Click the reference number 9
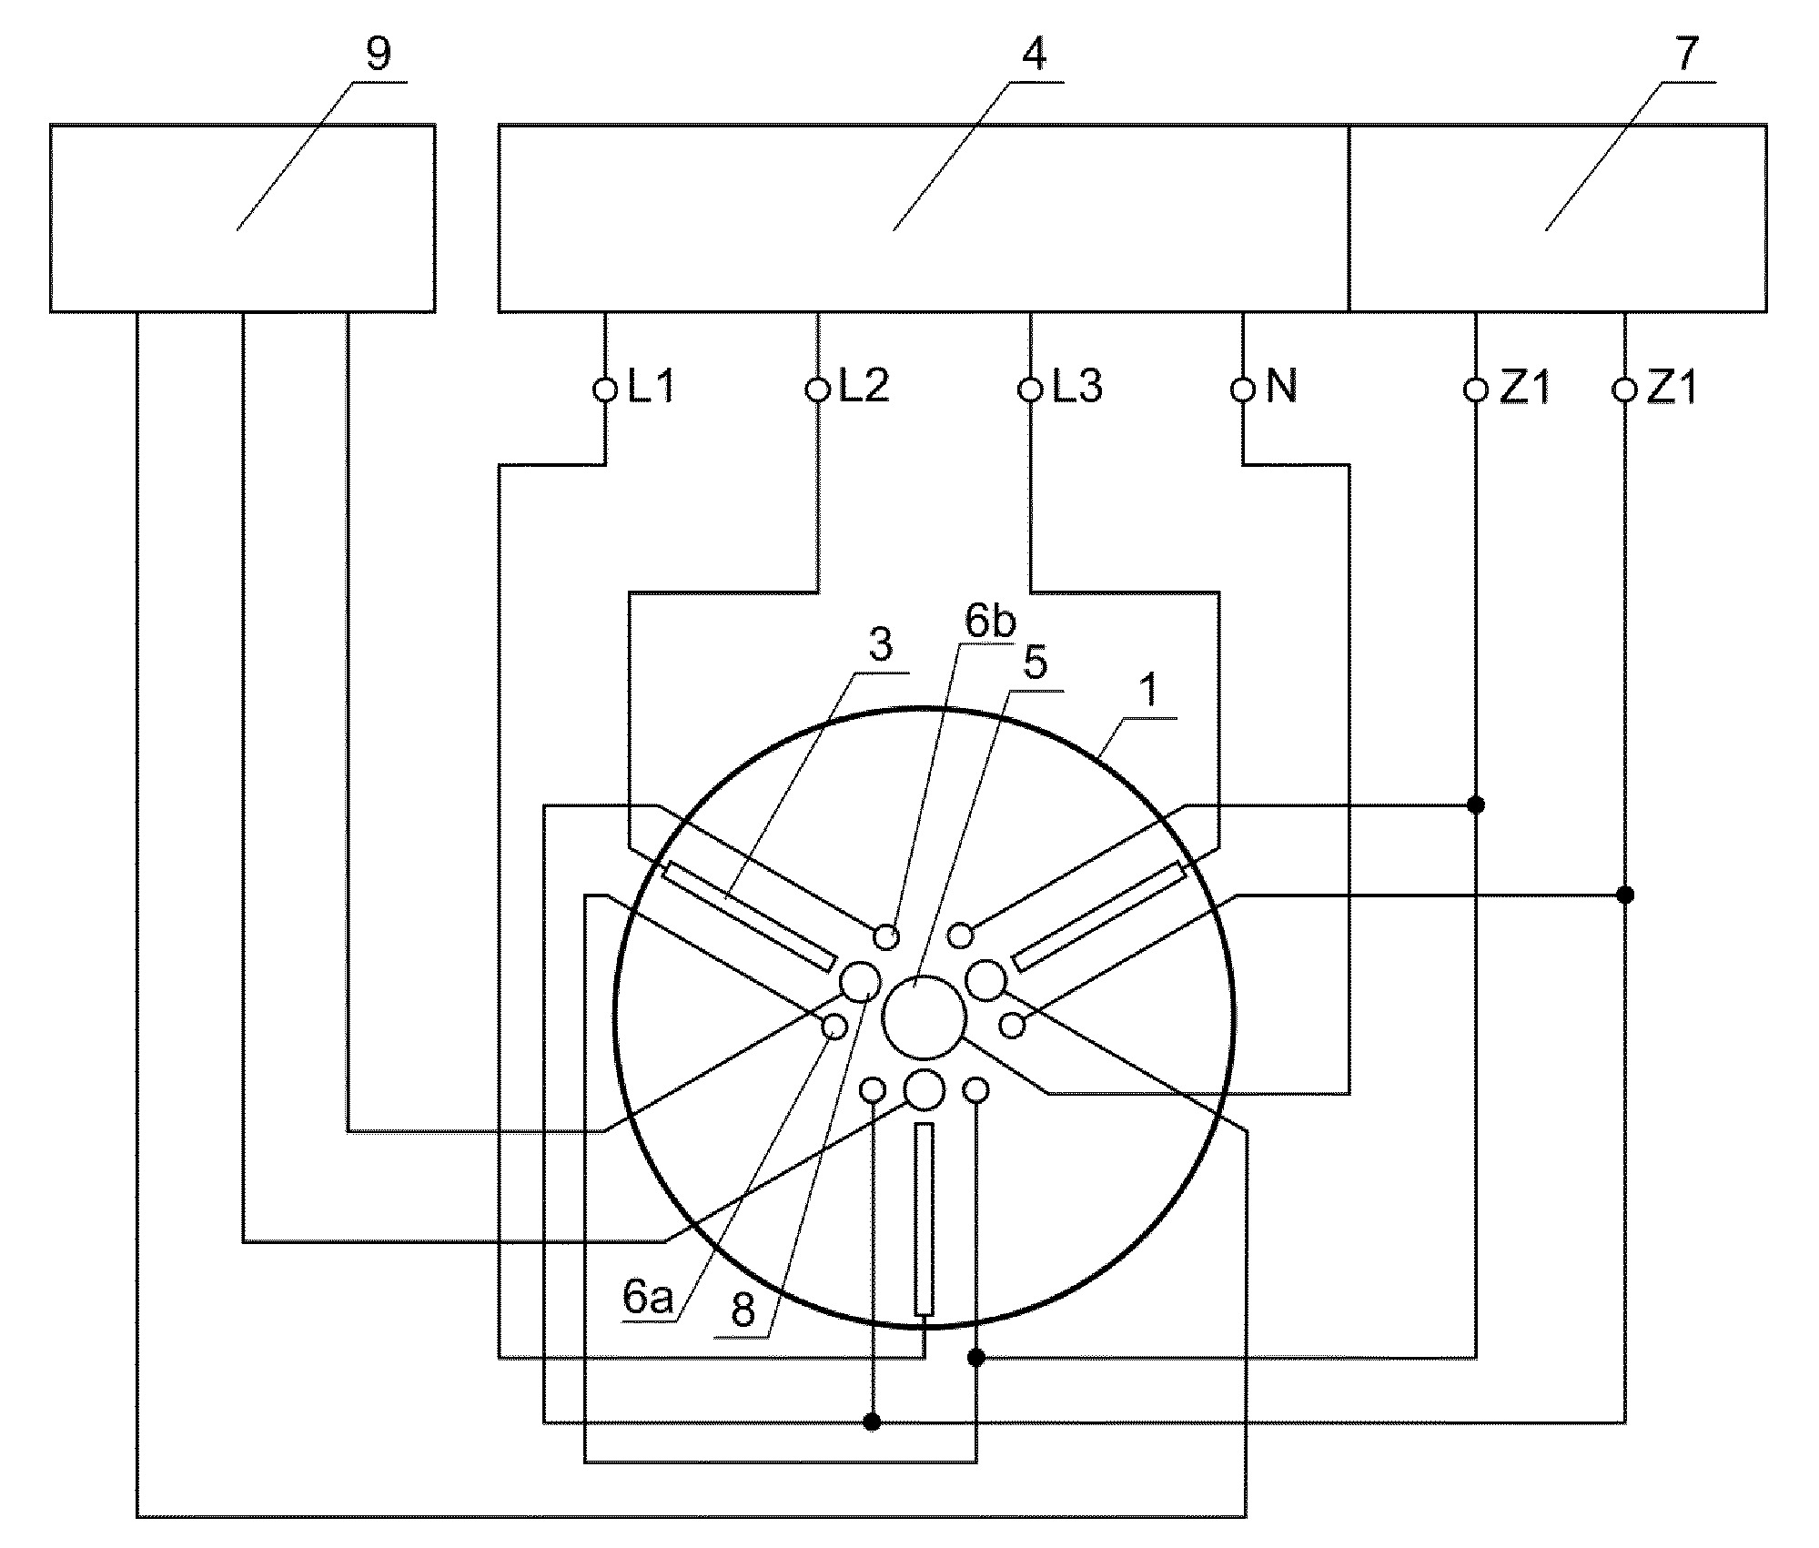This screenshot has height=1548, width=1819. [378, 55]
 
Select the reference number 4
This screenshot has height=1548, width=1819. [1035, 55]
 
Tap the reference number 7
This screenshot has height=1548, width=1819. [1686, 55]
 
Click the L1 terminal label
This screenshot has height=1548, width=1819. [652, 388]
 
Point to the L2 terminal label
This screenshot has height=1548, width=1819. [864, 388]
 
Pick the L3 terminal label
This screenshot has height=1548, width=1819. [1077, 388]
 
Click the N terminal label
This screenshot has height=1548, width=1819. [1281, 388]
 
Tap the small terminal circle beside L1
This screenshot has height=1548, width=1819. [604, 390]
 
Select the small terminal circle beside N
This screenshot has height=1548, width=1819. [1243, 390]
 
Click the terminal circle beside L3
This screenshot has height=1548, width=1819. [1030, 390]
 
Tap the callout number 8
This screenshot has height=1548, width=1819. [743, 1311]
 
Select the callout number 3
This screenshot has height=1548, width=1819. [880, 646]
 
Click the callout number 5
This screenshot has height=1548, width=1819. [1036, 664]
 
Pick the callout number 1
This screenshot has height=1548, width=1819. [1149, 692]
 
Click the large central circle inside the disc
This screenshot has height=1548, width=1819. [924, 1017]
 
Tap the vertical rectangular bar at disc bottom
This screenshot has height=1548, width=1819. [924, 1219]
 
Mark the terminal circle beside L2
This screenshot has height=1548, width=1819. [818, 390]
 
